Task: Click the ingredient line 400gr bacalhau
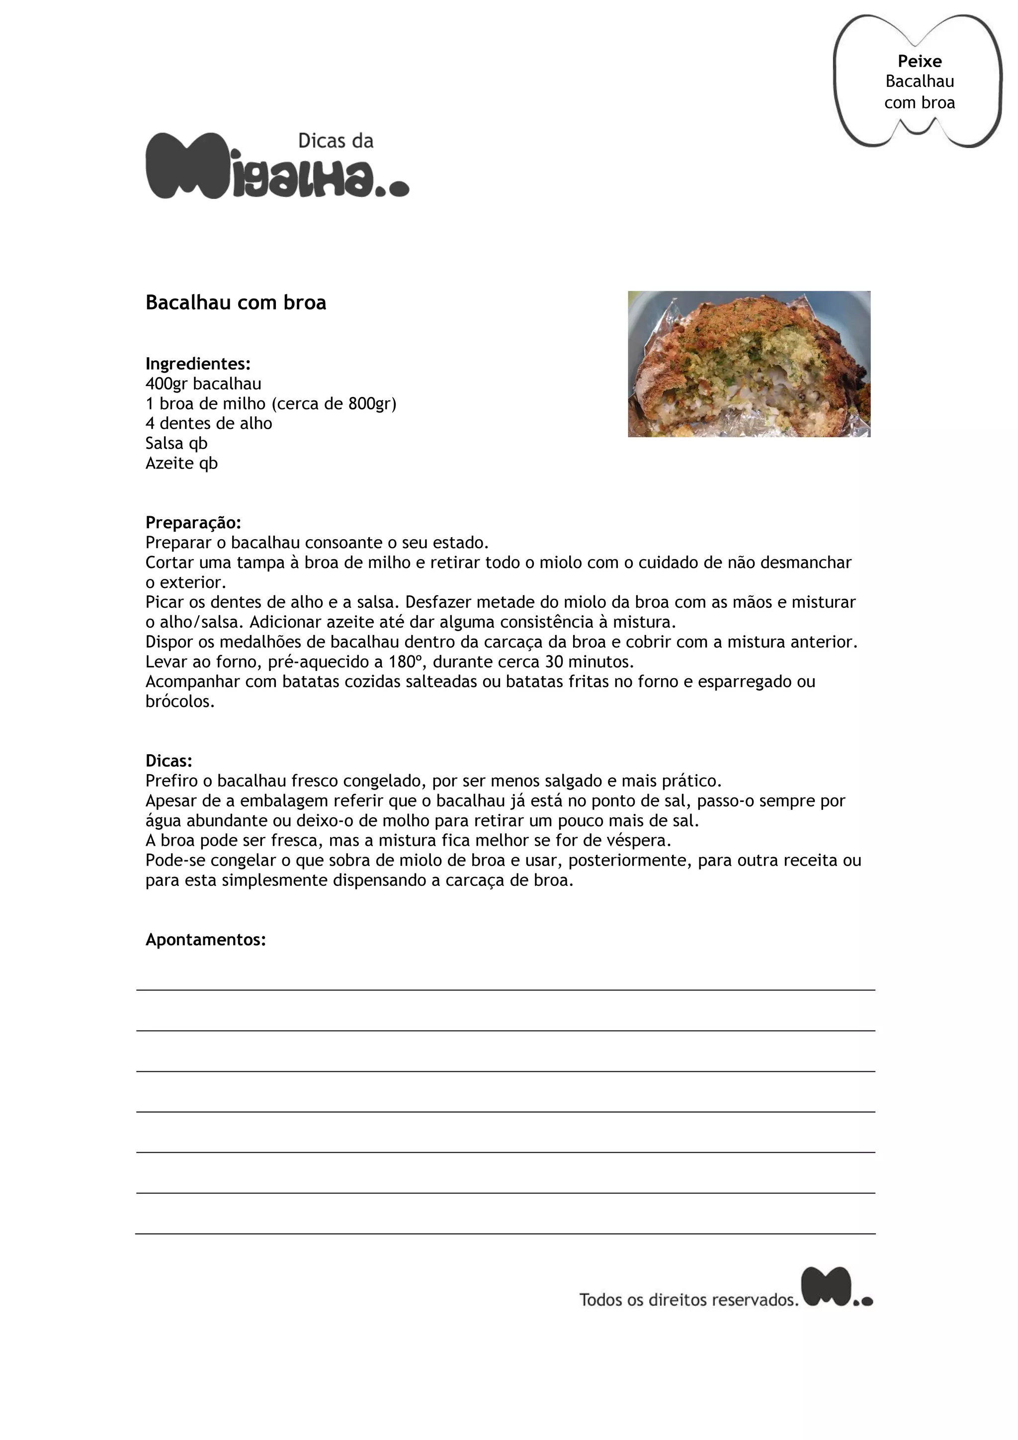pyautogui.click(x=203, y=384)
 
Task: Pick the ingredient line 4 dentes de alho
pyautogui.click(x=209, y=423)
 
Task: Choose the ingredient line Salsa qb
pyautogui.click(x=176, y=443)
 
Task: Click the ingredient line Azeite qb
pyautogui.click(x=181, y=464)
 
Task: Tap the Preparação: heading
pyautogui.click(x=193, y=522)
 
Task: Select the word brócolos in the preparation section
pyautogui.click(x=180, y=702)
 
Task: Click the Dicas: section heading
pyautogui.click(x=169, y=761)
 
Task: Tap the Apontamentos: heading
pyautogui.click(x=206, y=940)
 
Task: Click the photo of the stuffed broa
pyautogui.click(x=749, y=364)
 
